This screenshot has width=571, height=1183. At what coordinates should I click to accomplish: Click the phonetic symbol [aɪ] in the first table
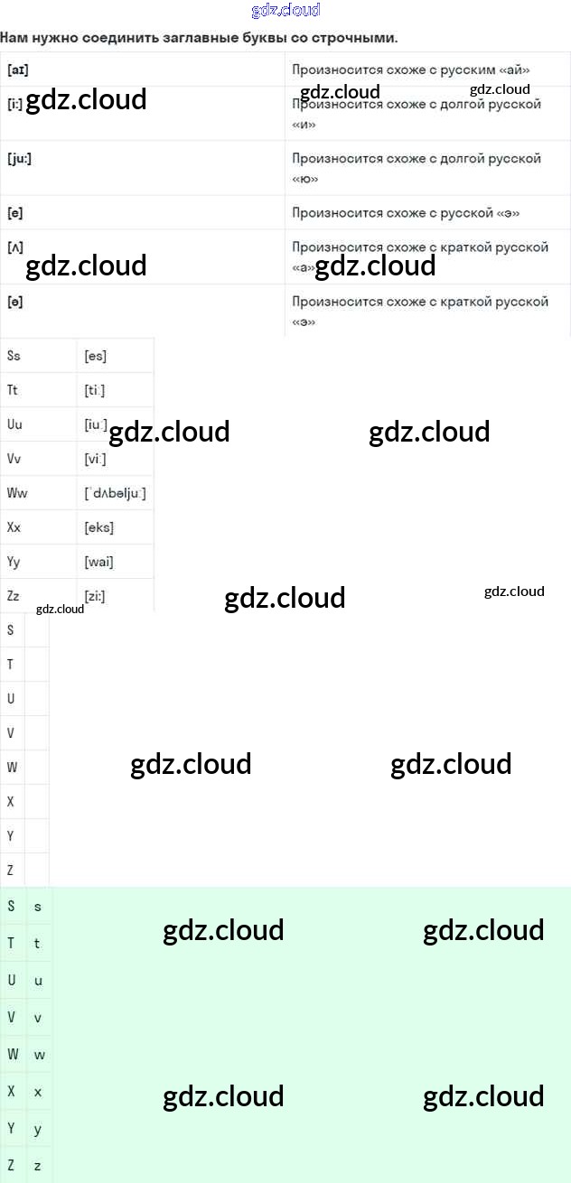(17, 70)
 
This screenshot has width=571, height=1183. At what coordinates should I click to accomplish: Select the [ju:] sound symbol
(19, 158)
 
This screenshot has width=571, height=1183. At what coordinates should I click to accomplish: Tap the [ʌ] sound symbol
(14, 247)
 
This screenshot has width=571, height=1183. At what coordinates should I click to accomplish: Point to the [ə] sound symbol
(14, 302)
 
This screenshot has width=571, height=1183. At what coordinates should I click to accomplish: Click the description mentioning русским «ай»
(411, 70)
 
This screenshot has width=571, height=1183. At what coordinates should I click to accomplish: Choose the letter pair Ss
(14, 356)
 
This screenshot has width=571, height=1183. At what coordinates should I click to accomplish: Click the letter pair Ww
(17, 493)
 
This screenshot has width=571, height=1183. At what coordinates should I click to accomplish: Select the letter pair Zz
(13, 596)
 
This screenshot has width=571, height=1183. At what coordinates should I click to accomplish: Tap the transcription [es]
(95, 356)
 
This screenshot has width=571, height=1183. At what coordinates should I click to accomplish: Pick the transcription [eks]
(98, 527)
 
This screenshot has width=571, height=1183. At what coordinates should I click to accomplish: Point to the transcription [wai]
(98, 562)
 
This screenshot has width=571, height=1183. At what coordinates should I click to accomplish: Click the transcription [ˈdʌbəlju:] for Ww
(114, 493)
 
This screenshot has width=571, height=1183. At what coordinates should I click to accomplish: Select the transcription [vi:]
(95, 459)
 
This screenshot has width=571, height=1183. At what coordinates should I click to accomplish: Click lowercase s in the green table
(38, 906)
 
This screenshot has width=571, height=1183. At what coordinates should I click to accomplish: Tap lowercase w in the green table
(39, 1055)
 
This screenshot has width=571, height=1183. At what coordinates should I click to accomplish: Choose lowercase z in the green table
(38, 1166)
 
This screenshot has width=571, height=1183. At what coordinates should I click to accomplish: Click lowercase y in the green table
(38, 1129)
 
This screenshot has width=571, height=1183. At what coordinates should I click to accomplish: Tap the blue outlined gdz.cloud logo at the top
(285, 11)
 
